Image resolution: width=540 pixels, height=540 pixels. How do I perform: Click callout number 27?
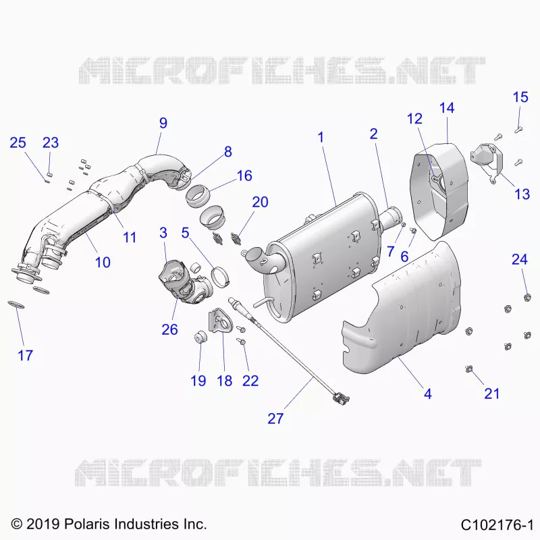click(275, 418)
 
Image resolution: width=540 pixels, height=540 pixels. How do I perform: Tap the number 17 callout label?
click(25, 356)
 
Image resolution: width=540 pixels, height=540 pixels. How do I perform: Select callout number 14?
click(447, 108)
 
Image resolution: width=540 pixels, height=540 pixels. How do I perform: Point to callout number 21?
click(491, 394)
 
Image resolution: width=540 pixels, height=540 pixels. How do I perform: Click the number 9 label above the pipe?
click(163, 123)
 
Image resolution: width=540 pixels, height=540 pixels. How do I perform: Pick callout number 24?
click(519, 259)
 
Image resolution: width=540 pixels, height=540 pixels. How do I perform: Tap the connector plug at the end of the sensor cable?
click(341, 398)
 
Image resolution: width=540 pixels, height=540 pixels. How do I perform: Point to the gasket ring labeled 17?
click(16, 305)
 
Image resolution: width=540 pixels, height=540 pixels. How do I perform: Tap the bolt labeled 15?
click(518, 130)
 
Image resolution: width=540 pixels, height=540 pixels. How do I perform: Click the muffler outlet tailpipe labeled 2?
click(391, 218)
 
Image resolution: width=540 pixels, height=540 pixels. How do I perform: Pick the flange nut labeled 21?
click(468, 369)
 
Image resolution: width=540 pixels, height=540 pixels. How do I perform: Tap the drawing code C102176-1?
click(497, 525)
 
